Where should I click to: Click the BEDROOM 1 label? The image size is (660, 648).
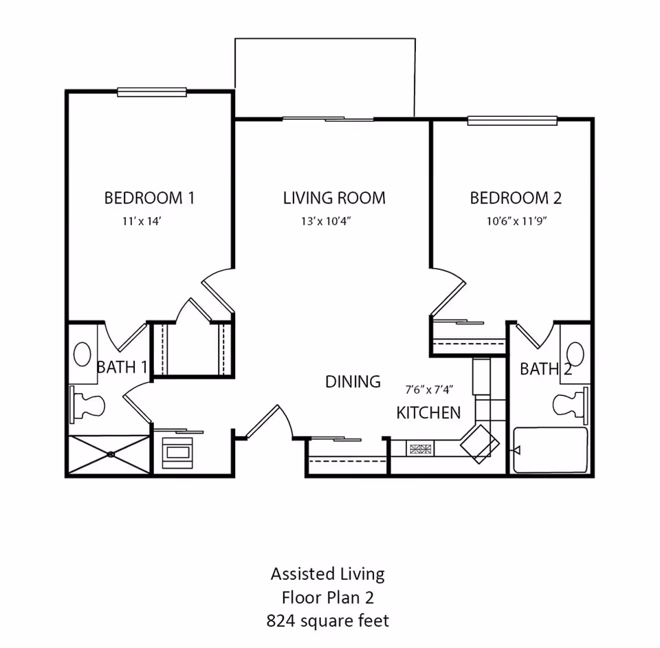tap(149, 198)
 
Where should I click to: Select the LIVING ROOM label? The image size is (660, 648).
tap(334, 198)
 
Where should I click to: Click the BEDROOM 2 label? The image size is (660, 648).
tap(516, 198)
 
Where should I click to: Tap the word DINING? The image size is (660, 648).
tap(353, 381)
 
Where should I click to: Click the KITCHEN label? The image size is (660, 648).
tap(428, 413)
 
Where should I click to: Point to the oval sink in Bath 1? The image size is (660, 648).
tap(82, 355)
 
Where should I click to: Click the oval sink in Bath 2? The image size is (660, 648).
tap(575, 355)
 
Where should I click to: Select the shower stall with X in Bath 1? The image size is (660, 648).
tap(109, 454)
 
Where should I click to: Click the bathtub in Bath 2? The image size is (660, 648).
tap(551, 450)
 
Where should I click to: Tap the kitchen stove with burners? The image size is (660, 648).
tap(421, 449)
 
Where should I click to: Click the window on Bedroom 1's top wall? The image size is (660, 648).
tap(152, 91)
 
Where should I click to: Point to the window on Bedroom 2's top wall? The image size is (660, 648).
tap(512, 121)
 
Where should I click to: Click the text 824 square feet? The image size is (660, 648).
tap(327, 621)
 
